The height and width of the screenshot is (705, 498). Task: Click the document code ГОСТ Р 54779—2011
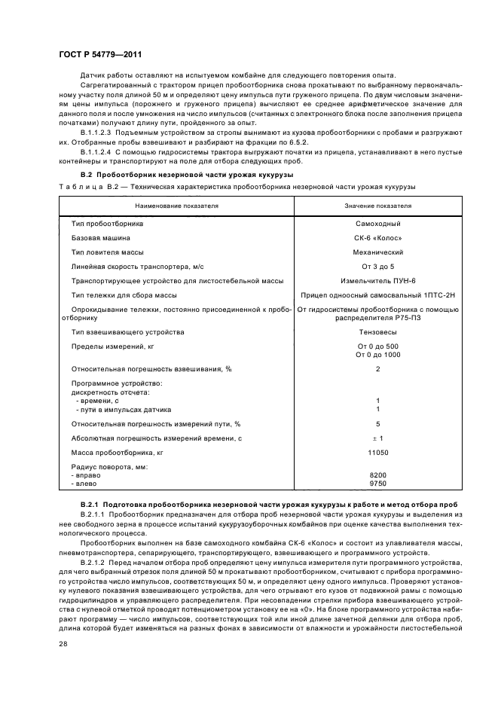pos(99,55)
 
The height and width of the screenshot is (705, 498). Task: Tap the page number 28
pos(63,643)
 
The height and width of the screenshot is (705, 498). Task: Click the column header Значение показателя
pos(378,205)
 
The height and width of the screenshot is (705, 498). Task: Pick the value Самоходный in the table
pos(378,224)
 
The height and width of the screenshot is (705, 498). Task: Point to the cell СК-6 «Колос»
pos(378,238)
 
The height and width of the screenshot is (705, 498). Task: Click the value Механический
pos(378,252)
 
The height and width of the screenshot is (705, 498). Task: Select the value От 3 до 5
pos(378,267)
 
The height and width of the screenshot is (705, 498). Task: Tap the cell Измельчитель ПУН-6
pos(378,281)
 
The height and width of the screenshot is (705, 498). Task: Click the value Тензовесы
pos(378,331)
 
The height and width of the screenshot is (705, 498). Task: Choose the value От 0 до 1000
pos(378,354)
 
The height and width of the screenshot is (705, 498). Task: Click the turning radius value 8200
pos(378,475)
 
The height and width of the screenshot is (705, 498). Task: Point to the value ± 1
pos(378,438)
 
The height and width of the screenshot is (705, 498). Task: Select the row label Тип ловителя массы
pos(107,252)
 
